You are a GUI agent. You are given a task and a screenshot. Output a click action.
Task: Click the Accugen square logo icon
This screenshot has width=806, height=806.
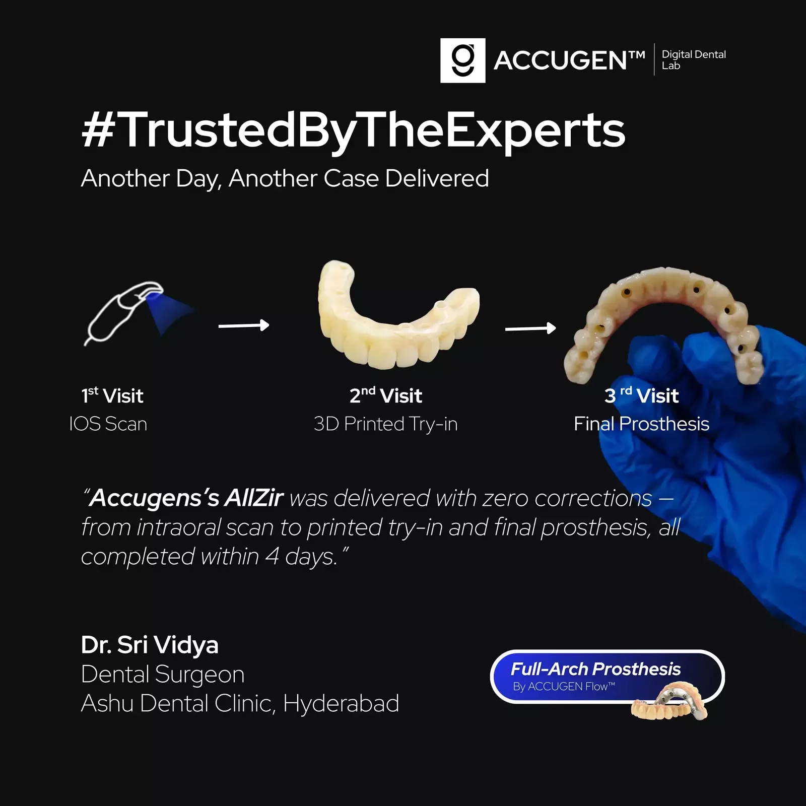coord(462,60)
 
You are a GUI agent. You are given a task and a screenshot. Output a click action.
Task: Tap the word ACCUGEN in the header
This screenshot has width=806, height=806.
coord(561,61)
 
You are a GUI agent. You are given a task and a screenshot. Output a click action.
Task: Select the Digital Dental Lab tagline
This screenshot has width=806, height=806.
coord(694,60)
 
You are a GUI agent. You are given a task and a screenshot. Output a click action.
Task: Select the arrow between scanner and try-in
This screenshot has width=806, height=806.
coord(244,325)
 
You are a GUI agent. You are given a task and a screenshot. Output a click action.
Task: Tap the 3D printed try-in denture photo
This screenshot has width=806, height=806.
coord(398,315)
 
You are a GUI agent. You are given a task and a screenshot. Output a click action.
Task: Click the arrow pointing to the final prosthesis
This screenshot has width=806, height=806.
coord(530,328)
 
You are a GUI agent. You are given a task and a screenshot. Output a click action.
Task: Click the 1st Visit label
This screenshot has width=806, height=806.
coord(112,395)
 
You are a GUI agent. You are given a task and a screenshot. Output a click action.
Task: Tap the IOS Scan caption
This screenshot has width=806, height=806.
coord(108,424)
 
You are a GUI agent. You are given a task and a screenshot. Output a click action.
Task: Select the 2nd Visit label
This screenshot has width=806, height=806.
coord(386,395)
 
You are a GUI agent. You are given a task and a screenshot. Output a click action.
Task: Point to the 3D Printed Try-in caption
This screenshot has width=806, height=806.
coord(385,424)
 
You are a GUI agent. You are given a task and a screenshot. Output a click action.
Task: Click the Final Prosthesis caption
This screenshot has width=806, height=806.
coord(641,424)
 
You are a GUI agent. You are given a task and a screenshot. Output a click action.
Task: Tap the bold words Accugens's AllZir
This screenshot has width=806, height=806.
coord(184,498)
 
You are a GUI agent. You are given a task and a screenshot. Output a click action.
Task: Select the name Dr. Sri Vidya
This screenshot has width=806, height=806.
coord(150,645)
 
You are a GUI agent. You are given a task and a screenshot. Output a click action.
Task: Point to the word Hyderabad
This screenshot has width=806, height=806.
coord(341,703)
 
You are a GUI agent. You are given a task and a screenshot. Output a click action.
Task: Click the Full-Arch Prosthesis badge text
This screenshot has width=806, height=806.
coord(595,669)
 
